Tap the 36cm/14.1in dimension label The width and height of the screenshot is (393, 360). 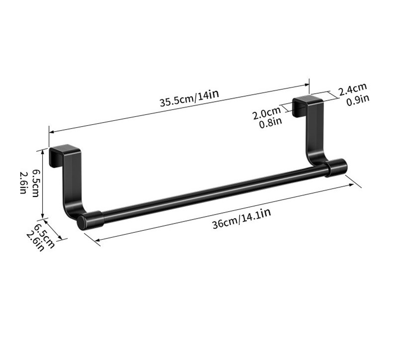[x=242, y=219]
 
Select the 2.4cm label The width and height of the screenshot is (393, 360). [x=353, y=89]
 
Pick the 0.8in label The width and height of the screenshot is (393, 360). [x=271, y=123]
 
